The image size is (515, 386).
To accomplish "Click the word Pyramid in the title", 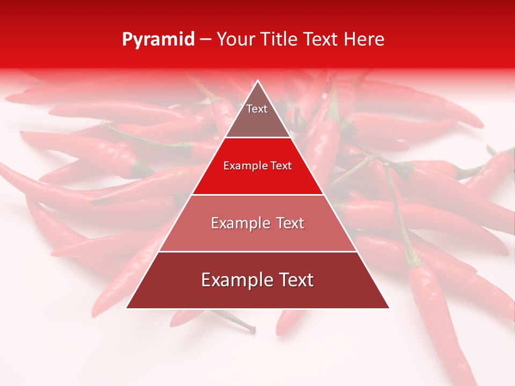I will [158, 40].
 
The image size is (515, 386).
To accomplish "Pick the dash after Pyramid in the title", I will [205, 40].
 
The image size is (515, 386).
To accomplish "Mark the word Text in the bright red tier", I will [282, 166].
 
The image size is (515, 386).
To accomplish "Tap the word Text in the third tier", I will [290, 223].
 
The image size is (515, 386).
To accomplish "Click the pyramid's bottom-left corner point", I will [126, 308].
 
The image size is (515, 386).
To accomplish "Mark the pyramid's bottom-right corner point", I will [389, 308].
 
